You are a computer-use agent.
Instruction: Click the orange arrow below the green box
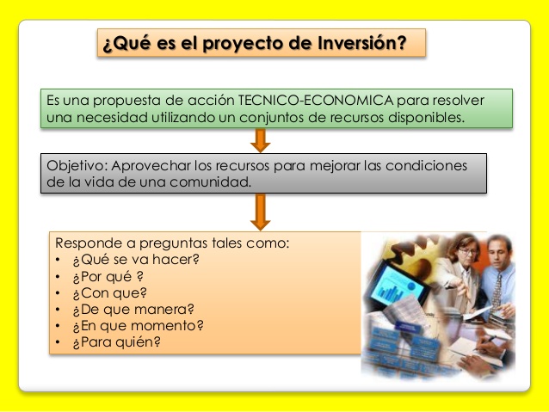260,140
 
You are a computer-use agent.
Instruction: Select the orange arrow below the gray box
260,211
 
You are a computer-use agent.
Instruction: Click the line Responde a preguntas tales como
172,243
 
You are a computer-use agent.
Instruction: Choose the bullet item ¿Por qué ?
108,276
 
